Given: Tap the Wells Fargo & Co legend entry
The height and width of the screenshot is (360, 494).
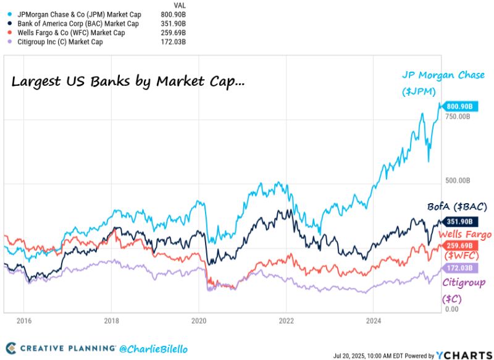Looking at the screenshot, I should pos(69,33).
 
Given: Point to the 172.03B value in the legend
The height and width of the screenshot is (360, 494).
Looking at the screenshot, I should pos(173,42).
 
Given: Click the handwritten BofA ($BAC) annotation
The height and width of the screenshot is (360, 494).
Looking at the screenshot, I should pos(458,206).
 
